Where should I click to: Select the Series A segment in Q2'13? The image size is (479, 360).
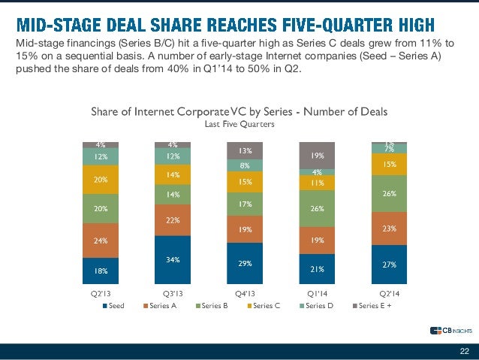point(101,241)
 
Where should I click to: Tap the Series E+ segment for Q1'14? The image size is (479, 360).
point(318,155)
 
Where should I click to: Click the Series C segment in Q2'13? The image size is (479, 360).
point(101,180)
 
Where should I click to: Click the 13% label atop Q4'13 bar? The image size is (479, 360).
point(245,150)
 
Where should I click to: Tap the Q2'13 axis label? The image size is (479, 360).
point(101,293)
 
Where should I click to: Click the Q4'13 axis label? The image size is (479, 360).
point(244,293)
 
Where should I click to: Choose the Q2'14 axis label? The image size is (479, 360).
point(388,293)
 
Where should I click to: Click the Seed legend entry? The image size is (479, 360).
point(113,305)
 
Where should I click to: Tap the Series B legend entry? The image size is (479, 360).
point(213,305)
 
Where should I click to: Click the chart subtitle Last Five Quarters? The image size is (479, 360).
point(239,126)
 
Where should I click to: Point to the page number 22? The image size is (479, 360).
point(463,352)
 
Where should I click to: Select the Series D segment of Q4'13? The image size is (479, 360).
point(245,165)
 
